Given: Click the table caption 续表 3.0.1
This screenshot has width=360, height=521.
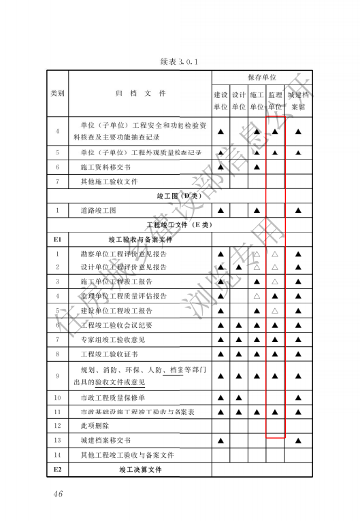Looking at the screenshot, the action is pos(178,62).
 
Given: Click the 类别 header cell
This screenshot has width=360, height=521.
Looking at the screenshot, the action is pos(58,94).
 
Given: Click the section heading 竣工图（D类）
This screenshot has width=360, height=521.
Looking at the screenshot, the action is pos(180,196).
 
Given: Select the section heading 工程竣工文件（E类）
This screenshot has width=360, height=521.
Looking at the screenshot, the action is pos(180,224).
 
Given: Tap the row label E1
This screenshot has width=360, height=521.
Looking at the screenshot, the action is pos(58,239).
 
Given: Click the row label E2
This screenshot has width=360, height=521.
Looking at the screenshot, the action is pos(58,469).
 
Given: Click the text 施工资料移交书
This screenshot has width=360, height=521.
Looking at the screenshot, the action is pos(105,167).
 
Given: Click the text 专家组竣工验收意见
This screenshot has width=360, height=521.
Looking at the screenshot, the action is pos(112,339).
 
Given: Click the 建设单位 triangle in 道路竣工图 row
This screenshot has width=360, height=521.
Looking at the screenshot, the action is pos(220,210).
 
